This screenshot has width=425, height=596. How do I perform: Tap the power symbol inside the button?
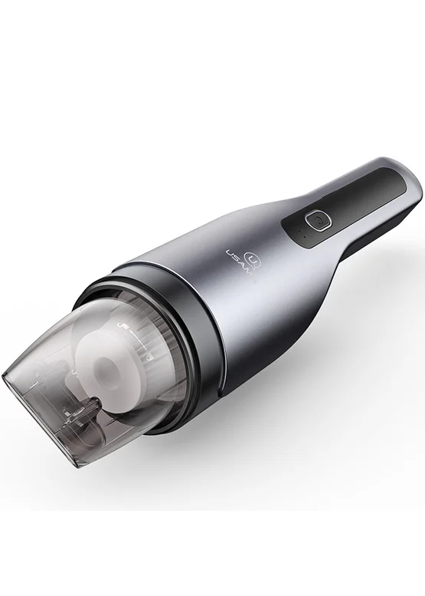coord(319,220)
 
